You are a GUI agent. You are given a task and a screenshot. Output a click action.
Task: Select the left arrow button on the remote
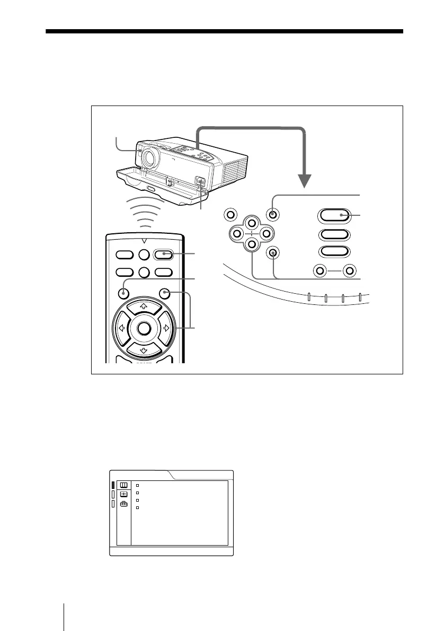click(120, 328)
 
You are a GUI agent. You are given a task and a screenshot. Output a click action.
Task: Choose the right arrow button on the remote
click(166, 328)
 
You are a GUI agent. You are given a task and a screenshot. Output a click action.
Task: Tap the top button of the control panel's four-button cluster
click(252, 223)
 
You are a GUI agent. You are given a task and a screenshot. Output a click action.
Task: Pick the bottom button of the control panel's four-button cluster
click(252, 244)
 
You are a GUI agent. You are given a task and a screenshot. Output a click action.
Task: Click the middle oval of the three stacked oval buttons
click(334, 235)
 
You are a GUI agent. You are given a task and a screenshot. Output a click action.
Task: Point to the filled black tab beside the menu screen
click(113, 485)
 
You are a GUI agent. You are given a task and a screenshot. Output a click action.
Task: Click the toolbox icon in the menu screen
click(123, 505)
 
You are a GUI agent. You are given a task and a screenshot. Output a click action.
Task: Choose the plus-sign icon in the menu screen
click(123, 494)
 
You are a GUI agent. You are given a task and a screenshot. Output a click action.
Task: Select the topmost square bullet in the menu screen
click(137, 485)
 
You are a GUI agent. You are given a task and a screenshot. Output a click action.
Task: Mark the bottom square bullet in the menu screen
click(137, 508)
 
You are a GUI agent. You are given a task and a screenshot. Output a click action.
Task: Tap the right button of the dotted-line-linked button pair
click(348, 270)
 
